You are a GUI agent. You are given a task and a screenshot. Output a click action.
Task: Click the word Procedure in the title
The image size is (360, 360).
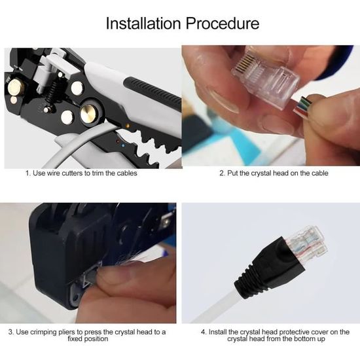222,24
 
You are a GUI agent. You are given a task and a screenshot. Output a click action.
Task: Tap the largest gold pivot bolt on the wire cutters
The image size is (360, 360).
89,114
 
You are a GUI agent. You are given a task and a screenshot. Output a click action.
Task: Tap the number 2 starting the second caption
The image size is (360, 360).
221,173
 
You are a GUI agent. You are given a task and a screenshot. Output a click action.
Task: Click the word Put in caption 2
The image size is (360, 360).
233,173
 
